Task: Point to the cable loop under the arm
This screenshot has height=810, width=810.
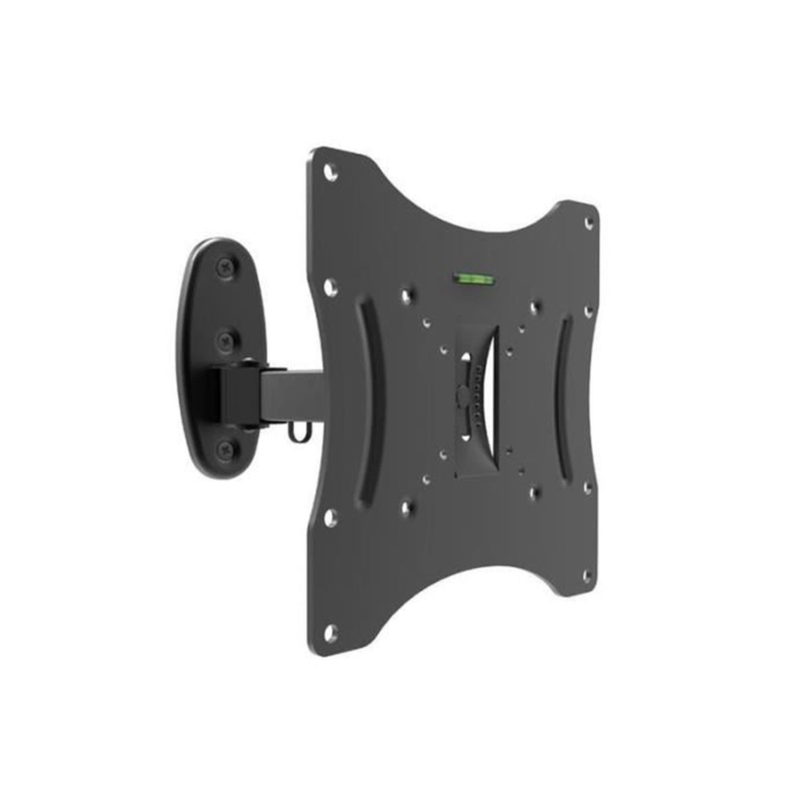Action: [x=295, y=434]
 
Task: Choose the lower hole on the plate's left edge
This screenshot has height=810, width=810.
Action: [x=329, y=516]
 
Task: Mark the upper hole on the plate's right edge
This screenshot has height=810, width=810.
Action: [x=587, y=311]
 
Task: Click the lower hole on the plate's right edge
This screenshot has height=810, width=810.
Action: [x=588, y=485]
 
